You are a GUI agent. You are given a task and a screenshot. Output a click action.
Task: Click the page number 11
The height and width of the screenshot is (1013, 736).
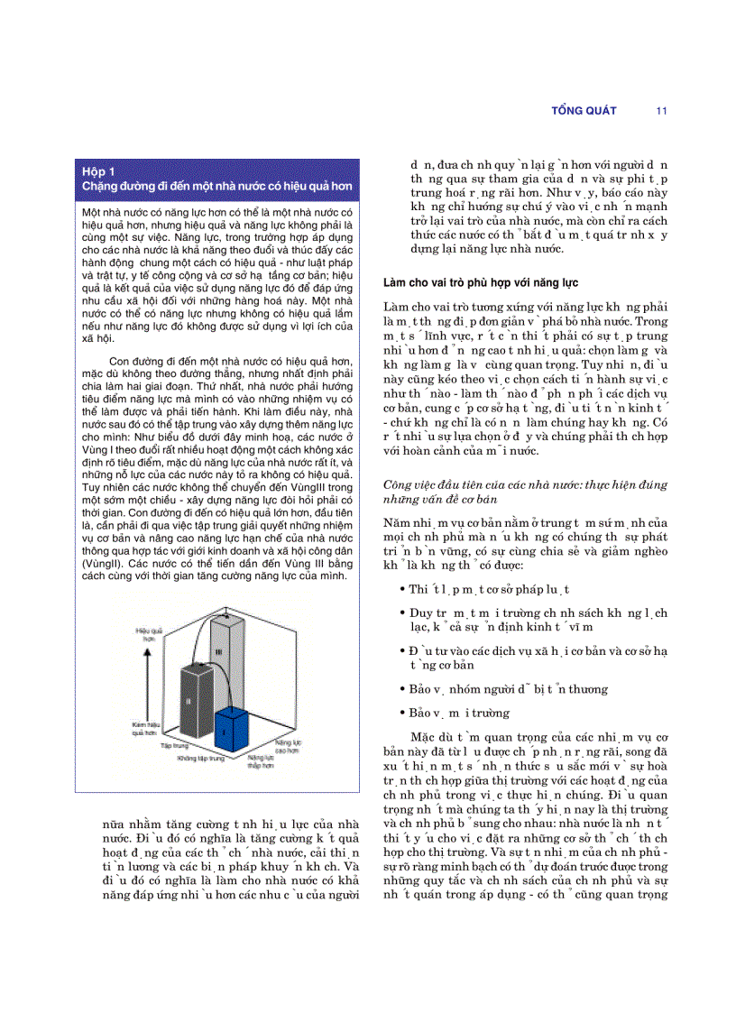[x=661, y=111]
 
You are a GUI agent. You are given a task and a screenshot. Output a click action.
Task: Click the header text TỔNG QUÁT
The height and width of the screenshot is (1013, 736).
[x=584, y=111]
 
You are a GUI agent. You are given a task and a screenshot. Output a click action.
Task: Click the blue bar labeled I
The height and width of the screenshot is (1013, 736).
[x=238, y=730]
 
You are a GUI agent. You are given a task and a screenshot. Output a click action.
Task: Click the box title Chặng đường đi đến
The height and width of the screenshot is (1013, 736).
[x=216, y=186]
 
